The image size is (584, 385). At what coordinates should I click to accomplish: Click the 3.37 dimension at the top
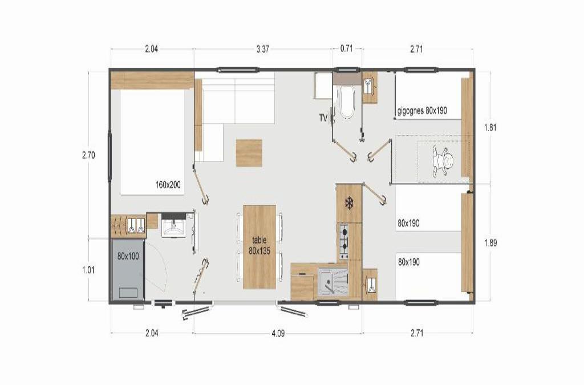tap(263, 49)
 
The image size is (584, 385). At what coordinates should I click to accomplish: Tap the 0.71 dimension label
tap(346, 49)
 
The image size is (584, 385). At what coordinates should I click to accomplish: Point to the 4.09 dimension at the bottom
tap(278, 333)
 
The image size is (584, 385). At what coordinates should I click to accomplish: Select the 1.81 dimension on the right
tap(490, 128)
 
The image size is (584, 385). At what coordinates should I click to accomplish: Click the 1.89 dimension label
tap(490, 243)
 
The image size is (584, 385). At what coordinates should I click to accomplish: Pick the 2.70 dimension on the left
tap(88, 155)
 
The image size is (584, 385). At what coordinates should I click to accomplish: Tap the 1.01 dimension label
tap(88, 270)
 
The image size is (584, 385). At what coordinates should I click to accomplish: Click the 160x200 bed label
tap(168, 184)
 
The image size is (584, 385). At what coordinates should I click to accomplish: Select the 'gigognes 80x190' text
tap(423, 111)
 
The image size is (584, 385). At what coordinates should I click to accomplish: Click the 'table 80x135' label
tap(259, 245)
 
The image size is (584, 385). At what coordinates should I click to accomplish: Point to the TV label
tap(323, 119)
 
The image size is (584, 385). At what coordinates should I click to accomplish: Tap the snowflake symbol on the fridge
tap(349, 203)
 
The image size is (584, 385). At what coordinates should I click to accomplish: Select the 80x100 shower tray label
tap(128, 256)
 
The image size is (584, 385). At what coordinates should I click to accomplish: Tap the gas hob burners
tap(343, 241)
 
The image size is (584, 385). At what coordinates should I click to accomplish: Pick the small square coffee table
tap(249, 153)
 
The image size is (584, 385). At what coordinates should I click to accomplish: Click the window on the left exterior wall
tap(110, 156)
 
